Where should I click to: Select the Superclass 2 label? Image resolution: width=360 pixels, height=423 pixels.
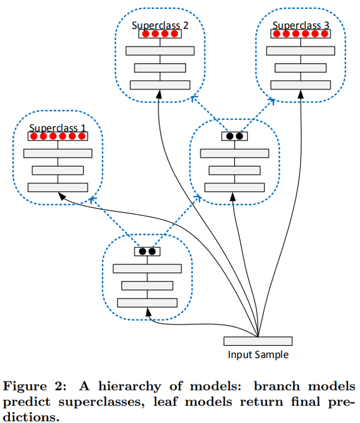pyautogui.click(x=160, y=26)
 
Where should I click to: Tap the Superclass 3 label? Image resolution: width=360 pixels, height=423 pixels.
pyautogui.click(x=301, y=26)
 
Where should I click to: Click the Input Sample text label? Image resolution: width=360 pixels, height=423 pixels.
pyautogui.click(x=258, y=355)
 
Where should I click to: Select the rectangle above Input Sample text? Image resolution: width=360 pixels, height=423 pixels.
pyautogui.click(x=258, y=341)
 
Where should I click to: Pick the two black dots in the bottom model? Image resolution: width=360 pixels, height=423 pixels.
pyautogui.click(x=147, y=251)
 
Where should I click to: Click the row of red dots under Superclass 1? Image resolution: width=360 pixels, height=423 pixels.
pyautogui.click(x=58, y=136)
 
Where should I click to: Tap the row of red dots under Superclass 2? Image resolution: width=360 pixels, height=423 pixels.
pyautogui.click(x=160, y=34)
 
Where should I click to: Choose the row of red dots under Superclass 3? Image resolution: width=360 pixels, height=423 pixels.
pyautogui.click(x=301, y=34)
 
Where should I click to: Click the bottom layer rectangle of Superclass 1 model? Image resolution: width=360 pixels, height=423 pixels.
pyautogui.click(x=58, y=187)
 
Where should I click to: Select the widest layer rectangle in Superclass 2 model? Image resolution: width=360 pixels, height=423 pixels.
pyautogui.click(x=160, y=50)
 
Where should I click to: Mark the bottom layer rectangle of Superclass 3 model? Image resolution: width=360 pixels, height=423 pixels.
pyautogui.click(x=301, y=84)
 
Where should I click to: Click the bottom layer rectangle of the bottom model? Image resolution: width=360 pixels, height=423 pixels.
pyautogui.click(x=147, y=303)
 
